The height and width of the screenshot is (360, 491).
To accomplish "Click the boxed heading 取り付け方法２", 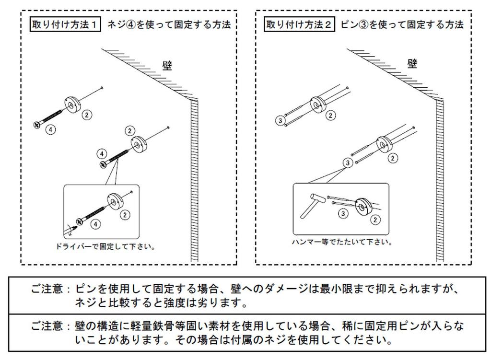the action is [299, 24].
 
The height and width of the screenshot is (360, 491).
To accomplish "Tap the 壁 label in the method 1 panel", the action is [167, 66].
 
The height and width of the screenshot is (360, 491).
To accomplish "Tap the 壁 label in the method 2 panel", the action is [412, 64].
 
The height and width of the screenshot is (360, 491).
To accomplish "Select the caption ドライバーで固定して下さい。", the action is [105, 247].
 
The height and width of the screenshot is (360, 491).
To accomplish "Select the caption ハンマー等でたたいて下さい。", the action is [342, 242].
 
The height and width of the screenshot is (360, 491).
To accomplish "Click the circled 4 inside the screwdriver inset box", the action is [95, 224].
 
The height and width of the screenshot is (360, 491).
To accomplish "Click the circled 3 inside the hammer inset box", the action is [343, 213].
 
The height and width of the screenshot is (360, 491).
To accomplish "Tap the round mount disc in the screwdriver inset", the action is [115, 200].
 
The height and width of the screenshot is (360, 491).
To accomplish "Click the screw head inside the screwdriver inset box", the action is [79, 221].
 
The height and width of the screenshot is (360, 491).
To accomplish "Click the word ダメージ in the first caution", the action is [286, 289].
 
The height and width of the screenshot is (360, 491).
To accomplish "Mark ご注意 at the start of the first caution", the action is [47, 289].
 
